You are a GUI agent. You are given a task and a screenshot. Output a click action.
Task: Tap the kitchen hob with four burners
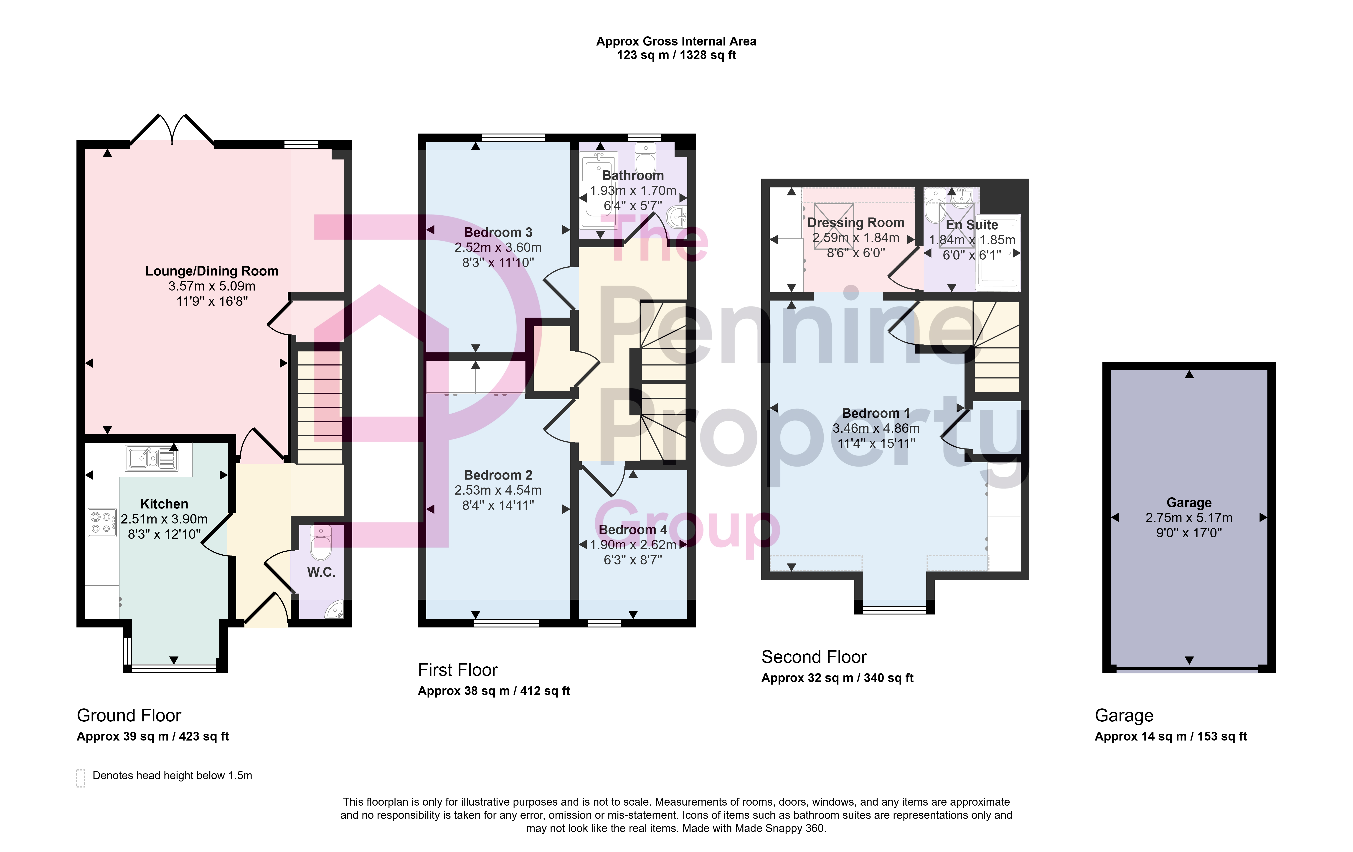pyautogui.click(x=102, y=522)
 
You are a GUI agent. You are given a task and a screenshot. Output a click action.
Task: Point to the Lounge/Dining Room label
pyautogui.click(x=212, y=271)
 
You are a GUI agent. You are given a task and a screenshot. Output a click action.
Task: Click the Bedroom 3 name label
pyautogui.click(x=498, y=233)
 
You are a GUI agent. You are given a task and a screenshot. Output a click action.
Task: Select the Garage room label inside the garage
pyautogui.click(x=1189, y=503)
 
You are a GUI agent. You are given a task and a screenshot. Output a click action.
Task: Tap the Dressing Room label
pyautogui.click(x=856, y=223)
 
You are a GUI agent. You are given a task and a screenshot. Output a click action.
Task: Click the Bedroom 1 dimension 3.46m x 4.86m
pyautogui.click(x=876, y=429)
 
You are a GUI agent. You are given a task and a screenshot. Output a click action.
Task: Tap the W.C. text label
pyautogui.click(x=321, y=572)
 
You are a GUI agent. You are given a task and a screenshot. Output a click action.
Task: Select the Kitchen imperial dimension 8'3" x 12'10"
pyautogui.click(x=164, y=534)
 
